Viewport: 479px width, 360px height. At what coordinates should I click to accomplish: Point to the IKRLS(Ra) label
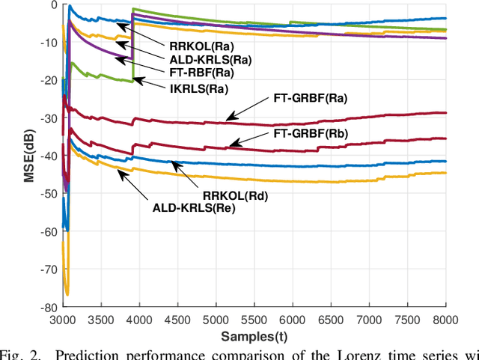coord(193,88)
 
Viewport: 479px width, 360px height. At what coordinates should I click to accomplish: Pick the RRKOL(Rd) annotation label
coord(234,195)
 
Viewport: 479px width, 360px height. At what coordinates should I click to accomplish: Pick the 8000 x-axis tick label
coord(445,318)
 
